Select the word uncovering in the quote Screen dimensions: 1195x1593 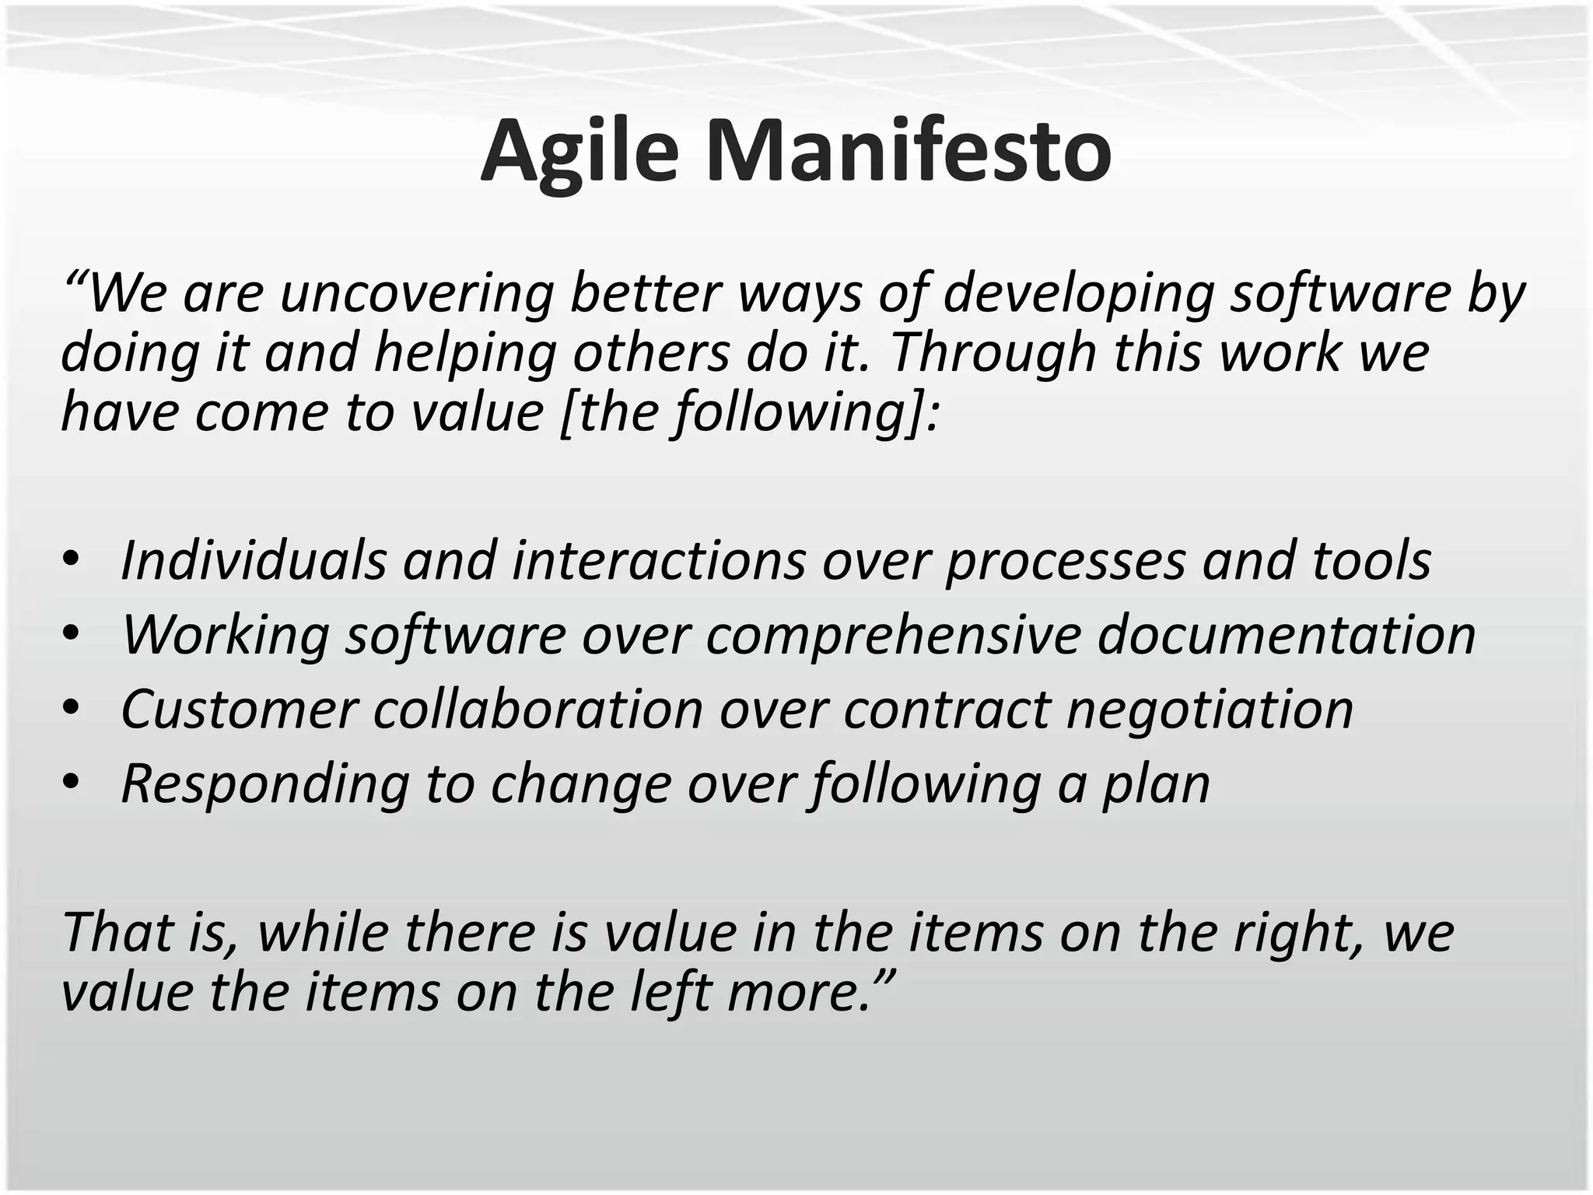(x=416, y=294)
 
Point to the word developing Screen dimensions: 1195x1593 (x=1078, y=294)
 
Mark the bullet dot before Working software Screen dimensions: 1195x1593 (x=72, y=633)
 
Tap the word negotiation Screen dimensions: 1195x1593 (x=1210, y=710)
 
